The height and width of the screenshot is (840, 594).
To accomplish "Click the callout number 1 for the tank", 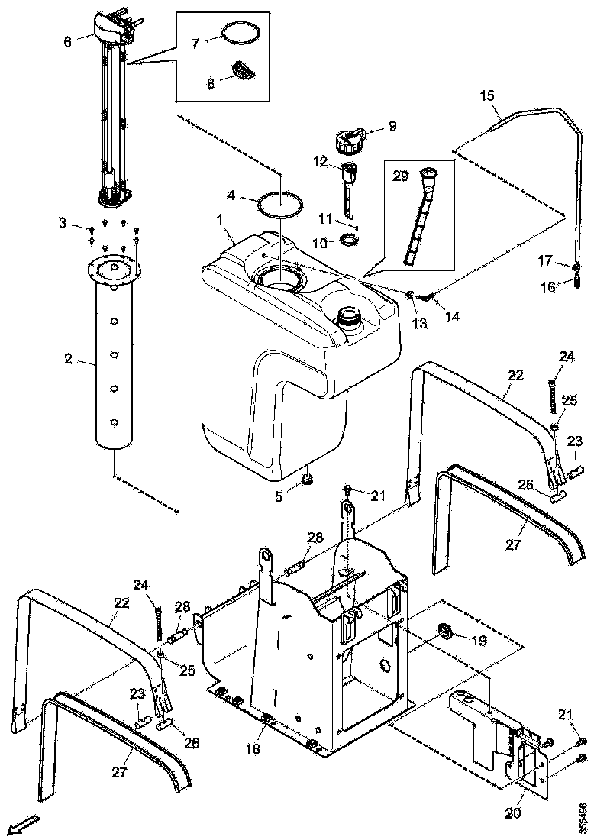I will click(219, 220).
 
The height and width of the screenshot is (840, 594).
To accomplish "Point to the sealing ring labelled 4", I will click(280, 205).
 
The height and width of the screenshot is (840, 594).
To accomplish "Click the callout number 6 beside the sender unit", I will click(68, 42).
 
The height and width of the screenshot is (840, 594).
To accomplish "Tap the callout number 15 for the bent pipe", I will click(487, 95).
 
